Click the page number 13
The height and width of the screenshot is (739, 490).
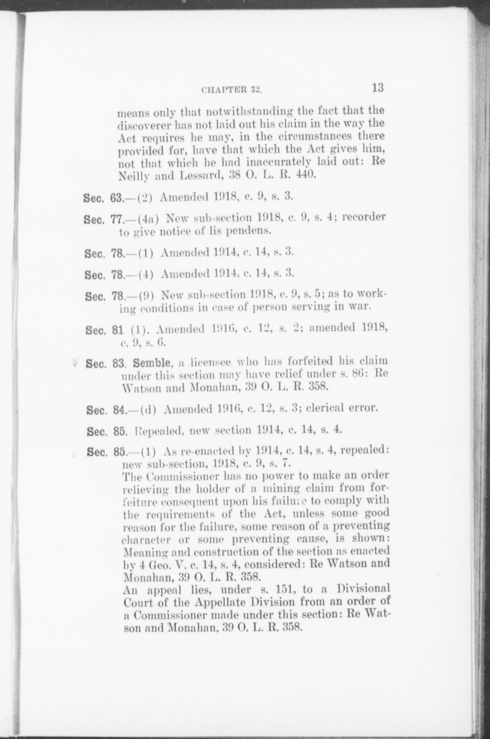(378, 87)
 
